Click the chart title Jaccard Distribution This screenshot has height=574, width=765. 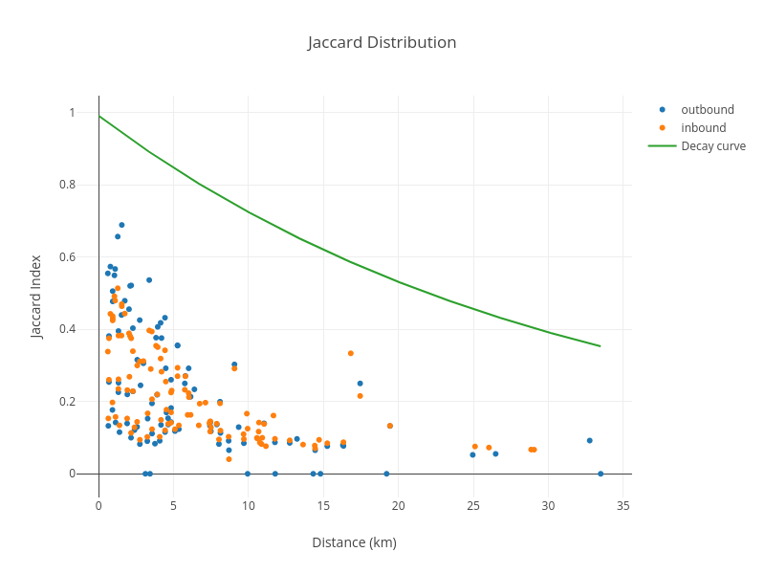click(x=382, y=42)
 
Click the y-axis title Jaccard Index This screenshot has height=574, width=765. click(x=36, y=296)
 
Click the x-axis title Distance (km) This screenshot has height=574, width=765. click(x=354, y=542)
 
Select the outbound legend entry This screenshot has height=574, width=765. click(x=707, y=109)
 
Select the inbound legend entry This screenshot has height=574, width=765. click(x=703, y=127)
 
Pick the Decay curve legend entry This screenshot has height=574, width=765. click(x=712, y=145)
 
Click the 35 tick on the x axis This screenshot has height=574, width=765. click(x=623, y=506)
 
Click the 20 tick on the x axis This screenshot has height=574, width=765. click(x=398, y=506)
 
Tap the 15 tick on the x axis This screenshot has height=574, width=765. click(x=323, y=506)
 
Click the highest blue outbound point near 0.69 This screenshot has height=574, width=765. click(x=121, y=225)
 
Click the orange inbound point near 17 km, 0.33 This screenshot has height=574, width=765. click(x=350, y=353)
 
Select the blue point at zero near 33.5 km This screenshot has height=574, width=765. click(x=601, y=474)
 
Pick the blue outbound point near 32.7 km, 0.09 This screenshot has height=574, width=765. click(x=589, y=441)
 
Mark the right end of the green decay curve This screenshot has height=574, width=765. click(x=600, y=345)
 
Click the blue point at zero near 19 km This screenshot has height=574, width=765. click(x=386, y=474)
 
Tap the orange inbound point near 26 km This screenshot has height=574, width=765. click(x=489, y=448)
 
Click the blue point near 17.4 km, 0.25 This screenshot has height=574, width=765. click(x=360, y=384)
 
